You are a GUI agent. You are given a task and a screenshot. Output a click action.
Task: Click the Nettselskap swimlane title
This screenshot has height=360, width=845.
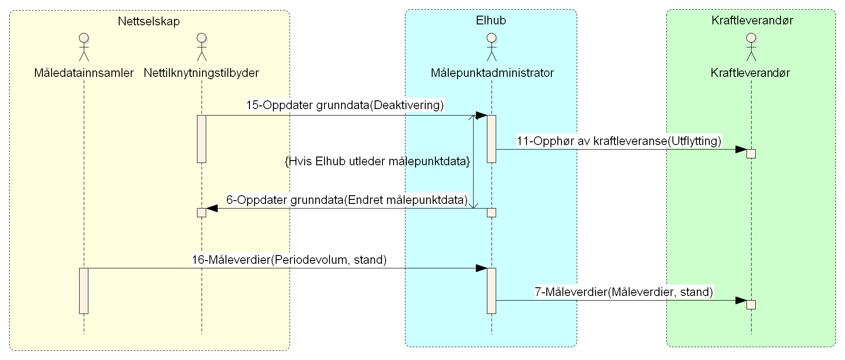(x=149, y=21)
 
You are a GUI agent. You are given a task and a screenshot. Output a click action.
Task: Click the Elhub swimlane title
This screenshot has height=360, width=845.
(x=491, y=20)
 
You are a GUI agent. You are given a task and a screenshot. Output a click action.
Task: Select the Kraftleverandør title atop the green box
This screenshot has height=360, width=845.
(x=752, y=20)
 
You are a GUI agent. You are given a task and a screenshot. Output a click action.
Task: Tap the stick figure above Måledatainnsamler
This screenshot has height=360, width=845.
(x=83, y=47)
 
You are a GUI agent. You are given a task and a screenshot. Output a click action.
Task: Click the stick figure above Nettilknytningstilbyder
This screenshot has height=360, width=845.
(x=201, y=47)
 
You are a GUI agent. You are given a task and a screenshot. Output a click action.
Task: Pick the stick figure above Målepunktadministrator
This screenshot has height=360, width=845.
(x=492, y=47)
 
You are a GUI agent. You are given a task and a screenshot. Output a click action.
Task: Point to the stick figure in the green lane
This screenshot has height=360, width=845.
(x=751, y=47)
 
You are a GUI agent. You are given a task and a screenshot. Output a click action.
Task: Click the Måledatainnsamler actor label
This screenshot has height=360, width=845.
(x=84, y=73)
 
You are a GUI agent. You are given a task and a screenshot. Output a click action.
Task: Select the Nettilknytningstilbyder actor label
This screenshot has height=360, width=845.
(x=201, y=73)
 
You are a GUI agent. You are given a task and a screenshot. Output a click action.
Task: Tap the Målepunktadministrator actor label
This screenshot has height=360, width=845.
(x=492, y=73)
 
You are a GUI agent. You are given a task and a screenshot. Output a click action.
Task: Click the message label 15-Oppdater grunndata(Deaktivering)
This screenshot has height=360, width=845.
(x=345, y=105)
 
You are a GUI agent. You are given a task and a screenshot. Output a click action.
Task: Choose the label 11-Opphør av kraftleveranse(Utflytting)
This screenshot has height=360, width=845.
(x=619, y=141)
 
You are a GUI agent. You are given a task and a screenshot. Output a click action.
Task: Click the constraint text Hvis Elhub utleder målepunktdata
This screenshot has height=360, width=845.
(x=377, y=162)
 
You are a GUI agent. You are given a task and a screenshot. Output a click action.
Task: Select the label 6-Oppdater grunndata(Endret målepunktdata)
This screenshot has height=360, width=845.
(x=347, y=200)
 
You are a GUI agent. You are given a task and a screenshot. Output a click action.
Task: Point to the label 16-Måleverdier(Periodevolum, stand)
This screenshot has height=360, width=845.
(x=289, y=260)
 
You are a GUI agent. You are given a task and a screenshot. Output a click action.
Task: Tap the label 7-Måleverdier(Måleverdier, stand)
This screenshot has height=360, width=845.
(x=624, y=292)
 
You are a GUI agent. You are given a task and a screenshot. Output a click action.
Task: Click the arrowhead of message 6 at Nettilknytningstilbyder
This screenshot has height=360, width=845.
(x=212, y=209)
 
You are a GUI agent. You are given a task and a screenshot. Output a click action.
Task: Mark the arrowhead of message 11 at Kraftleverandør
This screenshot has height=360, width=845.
(x=741, y=150)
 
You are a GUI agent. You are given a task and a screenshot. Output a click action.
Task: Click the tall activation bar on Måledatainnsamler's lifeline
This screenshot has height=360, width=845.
(x=84, y=290)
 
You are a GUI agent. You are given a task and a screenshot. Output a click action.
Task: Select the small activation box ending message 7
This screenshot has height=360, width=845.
(x=751, y=305)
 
